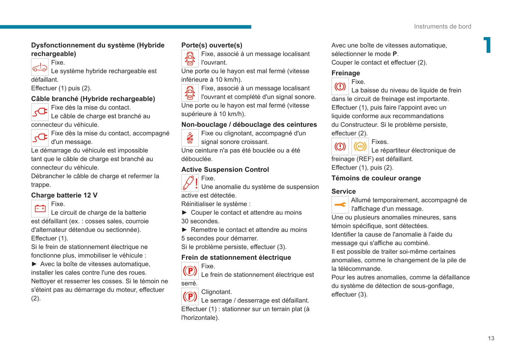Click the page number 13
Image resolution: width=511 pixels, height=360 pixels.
tap(491, 338)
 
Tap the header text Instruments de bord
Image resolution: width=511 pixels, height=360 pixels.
tap(442, 26)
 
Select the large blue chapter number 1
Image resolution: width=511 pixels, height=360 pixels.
tap(488, 45)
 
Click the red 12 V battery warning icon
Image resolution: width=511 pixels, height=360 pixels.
tap(40, 208)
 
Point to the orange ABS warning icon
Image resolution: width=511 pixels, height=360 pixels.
tap(360, 146)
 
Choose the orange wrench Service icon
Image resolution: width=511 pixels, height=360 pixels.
tap(340, 205)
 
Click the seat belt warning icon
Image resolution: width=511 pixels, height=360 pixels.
tap(190, 138)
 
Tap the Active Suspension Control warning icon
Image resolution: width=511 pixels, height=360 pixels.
tap(190, 183)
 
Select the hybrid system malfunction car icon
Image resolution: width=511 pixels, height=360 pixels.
tap(40, 67)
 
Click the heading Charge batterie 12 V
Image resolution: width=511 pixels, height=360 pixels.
tap(64, 195)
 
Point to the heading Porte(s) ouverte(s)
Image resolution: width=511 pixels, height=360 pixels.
tap(212, 45)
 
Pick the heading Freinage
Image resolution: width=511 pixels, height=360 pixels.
tap(345, 73)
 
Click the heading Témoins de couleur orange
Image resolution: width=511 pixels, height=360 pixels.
tap(376, 178)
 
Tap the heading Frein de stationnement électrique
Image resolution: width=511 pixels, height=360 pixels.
tap(236, 258)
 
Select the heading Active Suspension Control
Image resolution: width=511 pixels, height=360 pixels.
tap(225, 170)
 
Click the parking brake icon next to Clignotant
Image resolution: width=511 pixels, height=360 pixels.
tap(190, 296)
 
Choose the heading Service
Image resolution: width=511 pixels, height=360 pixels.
tap(343, 191)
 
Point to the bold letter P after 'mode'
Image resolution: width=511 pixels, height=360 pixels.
tap(395, 54)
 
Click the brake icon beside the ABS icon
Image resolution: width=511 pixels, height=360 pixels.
tap(340, 146)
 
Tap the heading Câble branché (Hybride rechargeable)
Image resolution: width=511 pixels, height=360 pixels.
tap(93, 99)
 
